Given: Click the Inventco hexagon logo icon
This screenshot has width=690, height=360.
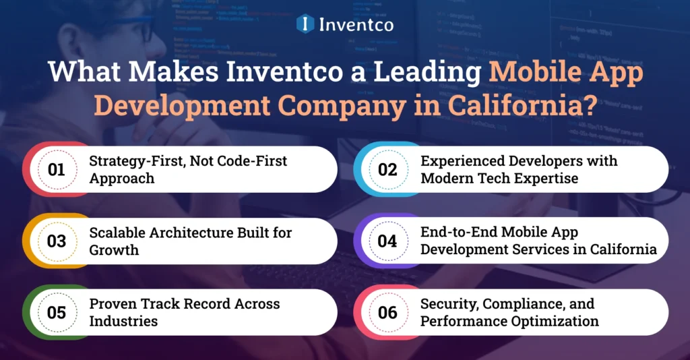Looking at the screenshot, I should (305, 24).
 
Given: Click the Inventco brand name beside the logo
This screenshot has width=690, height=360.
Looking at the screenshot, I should (355, 25).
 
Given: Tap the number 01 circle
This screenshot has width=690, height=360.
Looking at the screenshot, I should (57, 169).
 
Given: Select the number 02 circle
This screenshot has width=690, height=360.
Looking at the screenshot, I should (387, 169).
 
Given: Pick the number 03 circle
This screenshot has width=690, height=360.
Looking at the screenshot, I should (57, 241).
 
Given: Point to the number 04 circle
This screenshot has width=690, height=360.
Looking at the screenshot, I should (387, 241).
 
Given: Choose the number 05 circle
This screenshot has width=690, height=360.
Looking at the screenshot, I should (57, 312).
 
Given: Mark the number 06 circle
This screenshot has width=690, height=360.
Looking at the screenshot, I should (387, 312).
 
